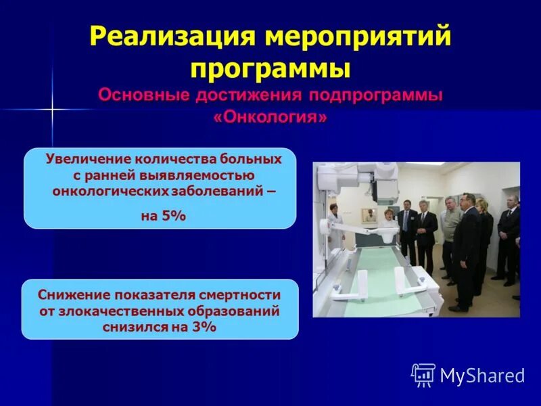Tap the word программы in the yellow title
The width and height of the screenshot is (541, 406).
click(270, 69)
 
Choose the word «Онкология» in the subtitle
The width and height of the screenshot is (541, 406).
click(270, 116)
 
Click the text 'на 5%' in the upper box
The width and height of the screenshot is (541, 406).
click(163, 216)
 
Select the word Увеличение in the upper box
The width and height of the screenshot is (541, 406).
click(87, 159)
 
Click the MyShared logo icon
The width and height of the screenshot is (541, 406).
click(423, 375)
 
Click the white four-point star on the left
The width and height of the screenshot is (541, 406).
click(51, 108)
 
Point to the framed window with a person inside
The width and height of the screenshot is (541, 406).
click(369, 216)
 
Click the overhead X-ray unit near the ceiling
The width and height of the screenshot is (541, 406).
click(379, 177)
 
